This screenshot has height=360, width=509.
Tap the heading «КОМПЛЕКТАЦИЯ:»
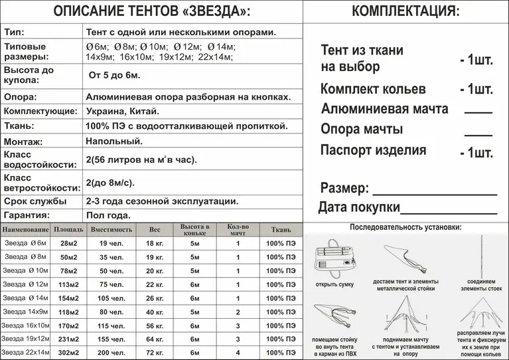(405, 11)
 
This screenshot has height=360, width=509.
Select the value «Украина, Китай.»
(123, 111)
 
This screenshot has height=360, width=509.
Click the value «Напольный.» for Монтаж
(114, 141)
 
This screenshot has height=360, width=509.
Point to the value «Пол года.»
(108, 215)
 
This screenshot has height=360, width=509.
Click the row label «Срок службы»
(35, 201)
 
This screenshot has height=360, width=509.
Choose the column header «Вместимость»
(111, 230)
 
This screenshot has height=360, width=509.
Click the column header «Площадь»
(69, 230)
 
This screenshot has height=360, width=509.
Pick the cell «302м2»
(69, 353)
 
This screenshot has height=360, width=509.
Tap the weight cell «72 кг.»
(155, 353)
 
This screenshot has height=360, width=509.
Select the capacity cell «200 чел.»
(111, 353)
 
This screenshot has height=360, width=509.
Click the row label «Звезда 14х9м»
(26, 312)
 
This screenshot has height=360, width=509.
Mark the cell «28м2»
(69, 243)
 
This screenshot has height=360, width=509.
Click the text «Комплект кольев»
(373, 89)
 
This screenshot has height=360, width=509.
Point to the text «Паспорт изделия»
(373, 150)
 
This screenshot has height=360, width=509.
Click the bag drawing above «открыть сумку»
(335, 260)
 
